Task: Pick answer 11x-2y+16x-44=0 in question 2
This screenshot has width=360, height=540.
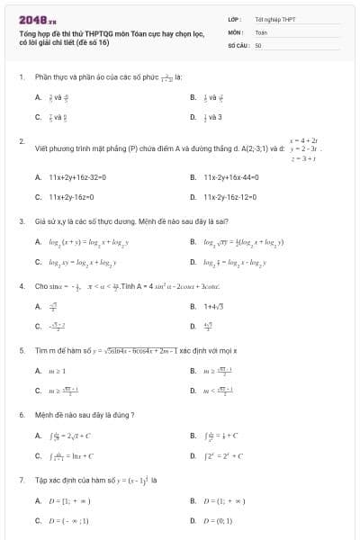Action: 233,177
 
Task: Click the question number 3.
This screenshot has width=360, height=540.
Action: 22,220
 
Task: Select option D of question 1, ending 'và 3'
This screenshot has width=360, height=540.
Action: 212,116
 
